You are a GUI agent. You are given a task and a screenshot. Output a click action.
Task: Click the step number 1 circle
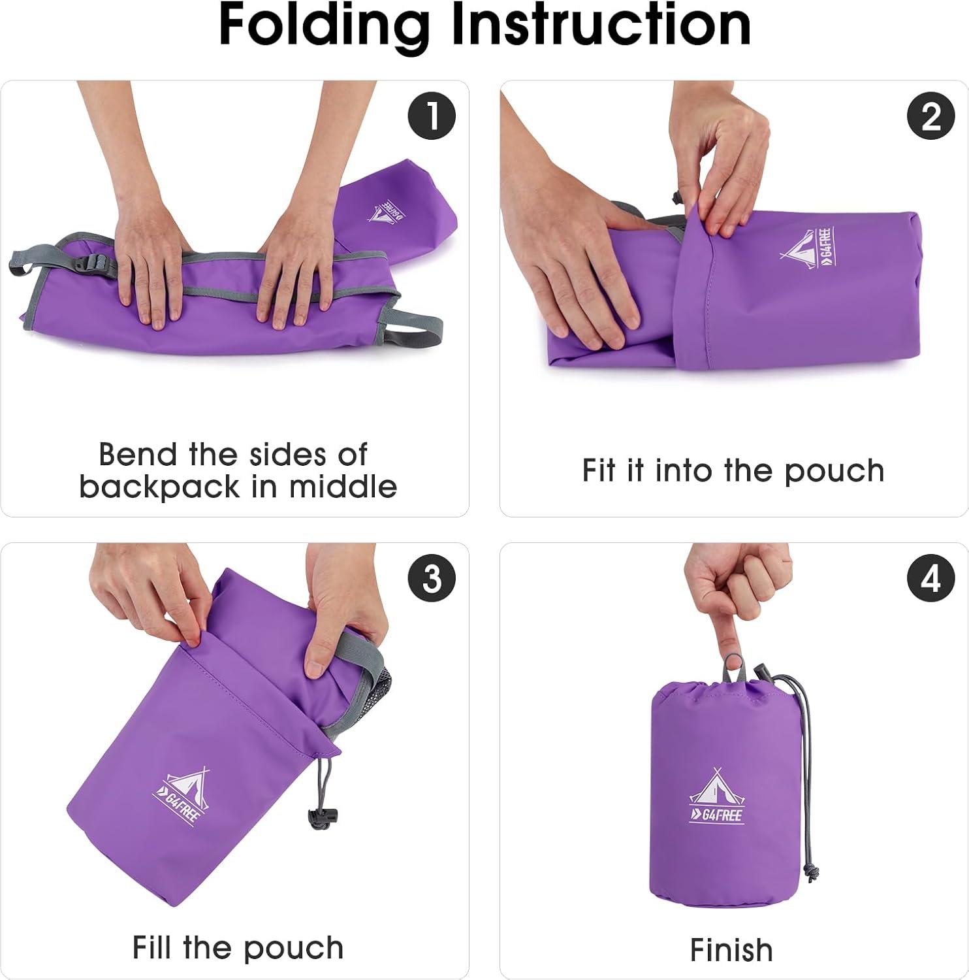click(x=432, y=117)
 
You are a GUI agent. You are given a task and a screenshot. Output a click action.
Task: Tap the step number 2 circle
click(x=931, y=117)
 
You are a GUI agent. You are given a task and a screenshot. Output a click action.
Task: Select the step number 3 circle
click(x=432, y=579)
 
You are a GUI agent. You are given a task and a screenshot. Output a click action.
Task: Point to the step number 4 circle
click(x=931, y=579)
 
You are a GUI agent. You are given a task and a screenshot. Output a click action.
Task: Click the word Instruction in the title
click(x=601, y=25)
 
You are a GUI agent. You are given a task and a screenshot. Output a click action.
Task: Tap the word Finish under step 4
click(x=731, y=950)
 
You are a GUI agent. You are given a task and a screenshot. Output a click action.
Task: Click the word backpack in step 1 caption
click(x=159, y=487)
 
